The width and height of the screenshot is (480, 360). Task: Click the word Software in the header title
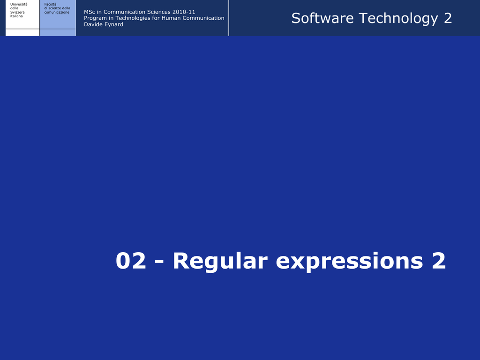(322, 18)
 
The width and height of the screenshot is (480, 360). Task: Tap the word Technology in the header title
(398, 19)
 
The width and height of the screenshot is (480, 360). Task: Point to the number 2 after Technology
(448, 18)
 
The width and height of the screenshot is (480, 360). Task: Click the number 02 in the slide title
(131, 261)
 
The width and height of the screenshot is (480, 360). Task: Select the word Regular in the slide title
(220, 261)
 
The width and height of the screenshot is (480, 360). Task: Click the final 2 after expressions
(439, 261)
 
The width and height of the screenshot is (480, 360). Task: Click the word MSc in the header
(90, 12)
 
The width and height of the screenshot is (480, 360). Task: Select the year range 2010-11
(184, 12)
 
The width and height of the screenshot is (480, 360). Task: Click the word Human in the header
(171, 18)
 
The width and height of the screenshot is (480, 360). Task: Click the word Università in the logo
(19, 4)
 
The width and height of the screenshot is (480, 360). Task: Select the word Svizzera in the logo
(17, 12)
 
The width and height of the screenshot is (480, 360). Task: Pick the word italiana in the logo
(16, 16)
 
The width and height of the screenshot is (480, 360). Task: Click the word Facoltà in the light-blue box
(50, 4)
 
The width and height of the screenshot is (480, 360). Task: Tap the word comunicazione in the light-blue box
(57, 12)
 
